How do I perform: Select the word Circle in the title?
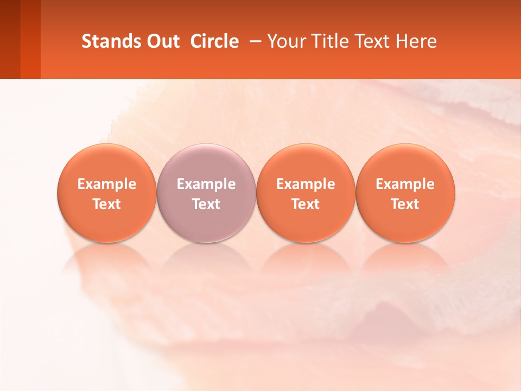click(214, 41)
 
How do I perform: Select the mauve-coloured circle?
click(206, 193)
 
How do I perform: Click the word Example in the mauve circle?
click(206, 184)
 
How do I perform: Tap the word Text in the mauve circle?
click(206, 204)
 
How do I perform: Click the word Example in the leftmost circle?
click(107, 184)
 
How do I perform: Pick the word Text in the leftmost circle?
click(107, 204)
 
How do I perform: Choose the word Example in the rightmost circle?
click(405, 184)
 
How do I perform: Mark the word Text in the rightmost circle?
click(405, 204)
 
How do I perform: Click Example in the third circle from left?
click(306, 184)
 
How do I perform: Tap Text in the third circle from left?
click(306, 204)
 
